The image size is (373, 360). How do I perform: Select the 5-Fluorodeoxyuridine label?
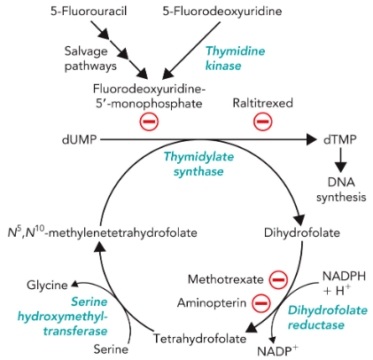(215, 12)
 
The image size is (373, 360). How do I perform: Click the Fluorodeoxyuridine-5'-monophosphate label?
(150, 98)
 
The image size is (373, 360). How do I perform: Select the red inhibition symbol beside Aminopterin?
(261, 303)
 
